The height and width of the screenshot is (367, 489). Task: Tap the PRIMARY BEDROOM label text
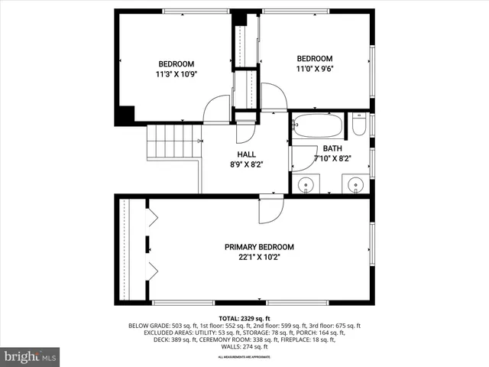259,247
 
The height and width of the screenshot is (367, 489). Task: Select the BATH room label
332,148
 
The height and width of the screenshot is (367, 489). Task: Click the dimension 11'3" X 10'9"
176,75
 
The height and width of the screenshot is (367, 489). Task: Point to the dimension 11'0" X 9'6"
315,69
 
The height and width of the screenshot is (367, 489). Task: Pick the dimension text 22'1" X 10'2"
259,257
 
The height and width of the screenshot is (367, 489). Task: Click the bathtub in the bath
317,123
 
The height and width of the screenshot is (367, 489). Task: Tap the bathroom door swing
304,156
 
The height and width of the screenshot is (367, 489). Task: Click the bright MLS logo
31,356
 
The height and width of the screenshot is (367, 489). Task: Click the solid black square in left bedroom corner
125,115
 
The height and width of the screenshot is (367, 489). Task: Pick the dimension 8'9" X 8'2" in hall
245,164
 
